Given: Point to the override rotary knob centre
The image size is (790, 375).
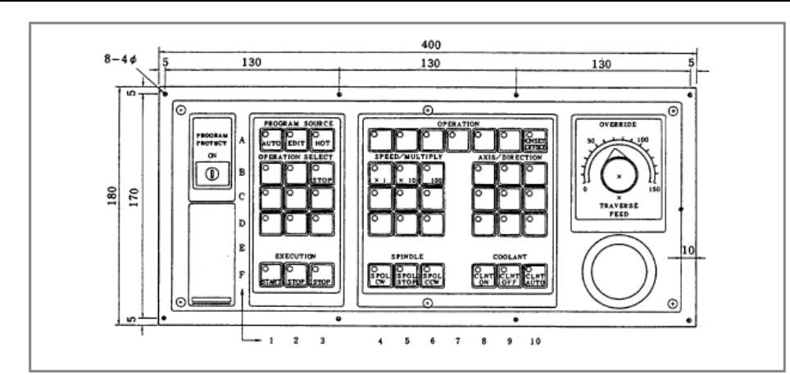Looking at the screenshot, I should point(618,176).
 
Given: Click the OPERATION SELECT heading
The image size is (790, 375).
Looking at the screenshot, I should point(296,156).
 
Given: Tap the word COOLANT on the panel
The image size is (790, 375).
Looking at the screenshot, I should point(509,255).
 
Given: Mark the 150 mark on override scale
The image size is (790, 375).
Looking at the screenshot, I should point(653,190).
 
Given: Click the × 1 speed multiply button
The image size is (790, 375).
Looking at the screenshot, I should point(379,174).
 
